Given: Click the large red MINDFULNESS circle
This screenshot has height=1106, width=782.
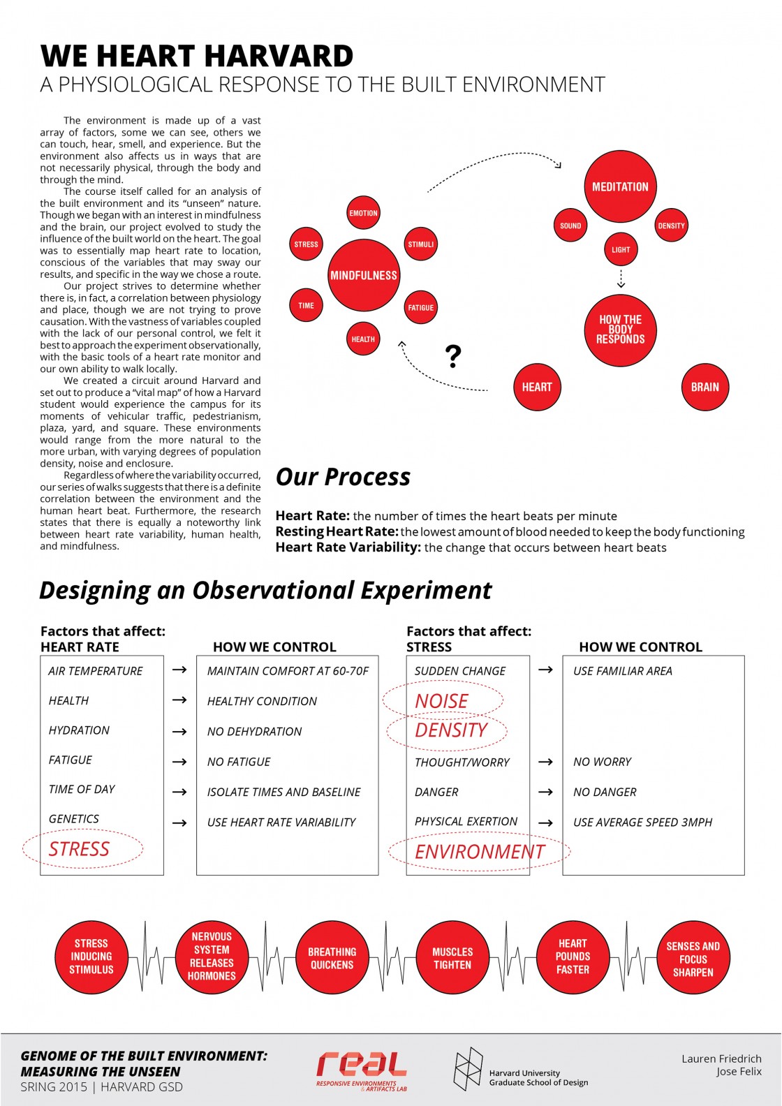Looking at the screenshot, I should (363, 275).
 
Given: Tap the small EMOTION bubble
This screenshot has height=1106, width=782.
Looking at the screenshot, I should (363, 213).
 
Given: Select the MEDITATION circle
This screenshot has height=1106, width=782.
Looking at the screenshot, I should (620, 186).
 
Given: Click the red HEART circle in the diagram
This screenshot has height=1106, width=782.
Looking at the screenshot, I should (537, 387).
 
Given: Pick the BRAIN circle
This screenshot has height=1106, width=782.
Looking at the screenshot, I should (704, 387).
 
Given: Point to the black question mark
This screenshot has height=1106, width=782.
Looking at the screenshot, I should (453, 356).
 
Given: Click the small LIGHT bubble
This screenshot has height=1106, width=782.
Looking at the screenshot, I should (621, 249).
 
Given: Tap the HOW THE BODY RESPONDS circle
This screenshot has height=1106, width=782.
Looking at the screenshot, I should (620, 330).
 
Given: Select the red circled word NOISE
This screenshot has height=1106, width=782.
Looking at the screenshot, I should (442, 701).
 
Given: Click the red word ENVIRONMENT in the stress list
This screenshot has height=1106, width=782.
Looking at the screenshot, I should (480, 852).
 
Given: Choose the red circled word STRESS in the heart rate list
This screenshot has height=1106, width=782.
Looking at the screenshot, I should (80, 849).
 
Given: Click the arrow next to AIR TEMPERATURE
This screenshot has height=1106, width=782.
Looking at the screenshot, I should (179, 670).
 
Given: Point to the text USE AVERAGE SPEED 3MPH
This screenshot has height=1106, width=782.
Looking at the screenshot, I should (642, 823).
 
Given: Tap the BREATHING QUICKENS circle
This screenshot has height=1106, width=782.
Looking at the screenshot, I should (332, 958).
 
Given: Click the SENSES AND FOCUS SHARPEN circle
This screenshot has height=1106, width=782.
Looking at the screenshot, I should (693, 958).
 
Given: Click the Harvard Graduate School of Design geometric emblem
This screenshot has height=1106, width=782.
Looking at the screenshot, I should (468, 1068).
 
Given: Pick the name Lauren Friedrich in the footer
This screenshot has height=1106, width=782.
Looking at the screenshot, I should (721, 1059).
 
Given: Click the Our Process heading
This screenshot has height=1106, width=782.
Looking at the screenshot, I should (343, 477).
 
